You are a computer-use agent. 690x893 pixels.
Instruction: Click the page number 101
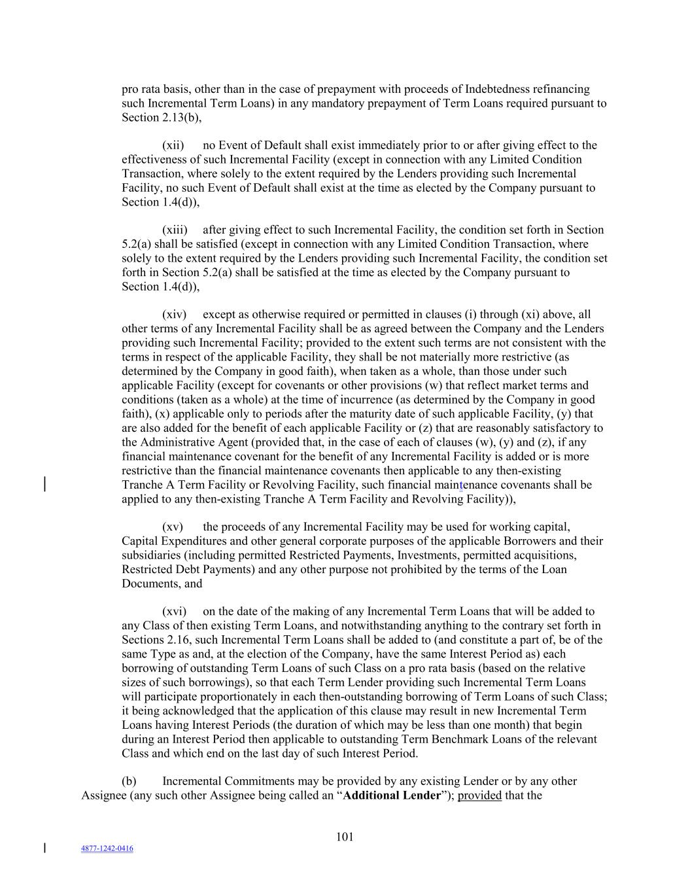tap(345, 837)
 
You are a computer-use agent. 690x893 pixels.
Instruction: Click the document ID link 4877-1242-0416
tap(107, 849)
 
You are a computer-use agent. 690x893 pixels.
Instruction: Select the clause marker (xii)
tap(173, 145)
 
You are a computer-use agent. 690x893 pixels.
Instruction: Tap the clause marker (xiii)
tap(175, 230)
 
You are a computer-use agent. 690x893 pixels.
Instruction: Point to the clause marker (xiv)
tap(175, 315)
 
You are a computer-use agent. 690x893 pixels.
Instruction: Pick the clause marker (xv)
tap(173, 527)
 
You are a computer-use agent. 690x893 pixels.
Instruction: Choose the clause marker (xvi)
tap(175, 612)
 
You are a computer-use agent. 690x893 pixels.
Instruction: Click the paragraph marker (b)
tap(129, 781)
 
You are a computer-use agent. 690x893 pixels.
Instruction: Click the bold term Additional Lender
tap(392, 796)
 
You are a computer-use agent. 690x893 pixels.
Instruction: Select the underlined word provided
tap(479, 796)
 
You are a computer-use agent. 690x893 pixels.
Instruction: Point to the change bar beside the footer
tap(44, 848)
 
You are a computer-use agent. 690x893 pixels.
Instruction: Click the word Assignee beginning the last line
tap(103, 796)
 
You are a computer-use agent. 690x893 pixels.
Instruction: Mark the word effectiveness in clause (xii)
tap(154, 160)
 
